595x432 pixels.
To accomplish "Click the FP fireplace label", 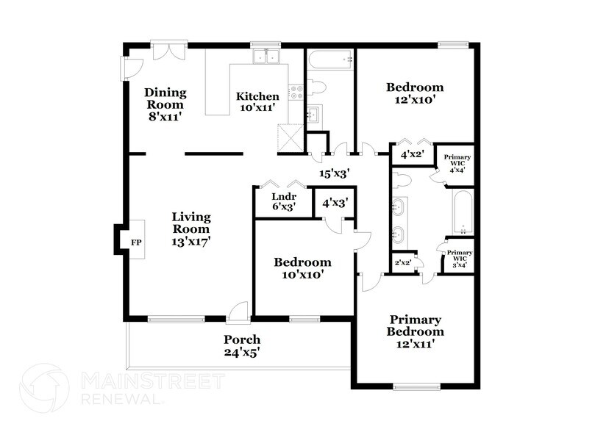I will (135, 242).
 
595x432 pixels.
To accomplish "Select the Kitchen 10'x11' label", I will (257, 101).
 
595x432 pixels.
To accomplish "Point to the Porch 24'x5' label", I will (242, 345).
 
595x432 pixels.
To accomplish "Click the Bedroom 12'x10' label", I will (416, 93).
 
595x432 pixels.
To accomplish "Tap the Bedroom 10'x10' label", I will (302, 268).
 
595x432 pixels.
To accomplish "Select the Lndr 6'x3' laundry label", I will (283, 202).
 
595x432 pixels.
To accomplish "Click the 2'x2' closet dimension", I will (402, 262).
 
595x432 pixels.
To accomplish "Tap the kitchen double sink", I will (266, 57).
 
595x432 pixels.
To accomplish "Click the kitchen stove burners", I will (296, 92).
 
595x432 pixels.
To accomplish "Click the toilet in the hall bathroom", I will (316, 87).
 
